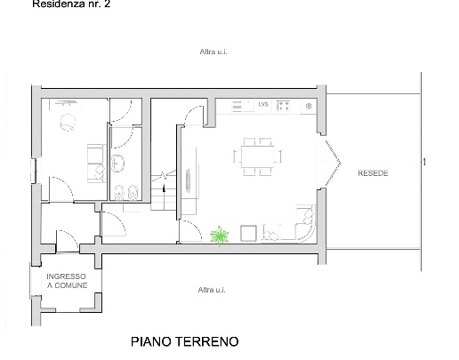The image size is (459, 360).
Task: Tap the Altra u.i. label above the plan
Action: [x=214, y=52]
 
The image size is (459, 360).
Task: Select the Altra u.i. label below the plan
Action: [x=214, y=290]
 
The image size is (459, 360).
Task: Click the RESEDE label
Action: [x=373, y=172]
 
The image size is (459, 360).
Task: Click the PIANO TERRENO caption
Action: [x=185, y=340]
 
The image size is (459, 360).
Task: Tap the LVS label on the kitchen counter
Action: [x=263, y=105]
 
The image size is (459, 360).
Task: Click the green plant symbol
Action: [x=220, y=235]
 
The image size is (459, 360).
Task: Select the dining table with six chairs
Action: [x=257, y=156]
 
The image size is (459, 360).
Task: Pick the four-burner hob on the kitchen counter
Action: [x=286, y=106]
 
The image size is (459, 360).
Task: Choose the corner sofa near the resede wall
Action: [x=302, y=223]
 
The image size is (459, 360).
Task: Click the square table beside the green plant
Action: [x=249, y=234]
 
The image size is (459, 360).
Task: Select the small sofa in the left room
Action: [x=93, y=157]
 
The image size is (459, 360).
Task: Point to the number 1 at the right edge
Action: [x=424, y=162]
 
